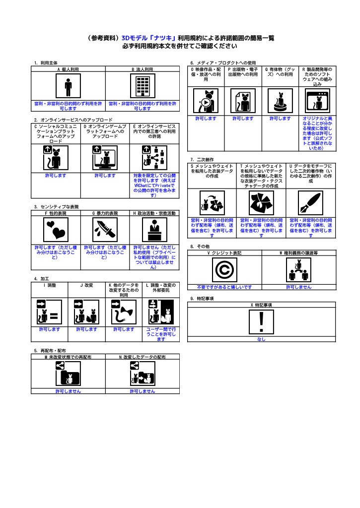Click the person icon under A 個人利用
[x=68, y=85]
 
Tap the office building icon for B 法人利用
[x=143, y=85]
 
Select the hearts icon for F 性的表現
[x=56, y=229]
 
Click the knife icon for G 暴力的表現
[x=105, y=229]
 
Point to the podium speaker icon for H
[x=155, y=229]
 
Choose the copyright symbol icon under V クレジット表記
[x=224, y=269]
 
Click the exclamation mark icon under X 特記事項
[x=261, y=321]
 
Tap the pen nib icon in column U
[x=311, y=203]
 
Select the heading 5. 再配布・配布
[x=50, y=351]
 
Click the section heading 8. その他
[x=200, y=246]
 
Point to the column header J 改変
[x=86, y=285]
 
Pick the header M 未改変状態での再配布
[x=68, y=357]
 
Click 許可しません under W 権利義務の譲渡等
[x=299, y=287]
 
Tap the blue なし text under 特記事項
[x=261, y=339]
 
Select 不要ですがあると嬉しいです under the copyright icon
[x=224, y=287]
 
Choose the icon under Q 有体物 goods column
[x=280, y=101]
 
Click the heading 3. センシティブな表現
[x=56, y=207]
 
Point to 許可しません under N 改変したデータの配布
[x=143, y=391]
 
